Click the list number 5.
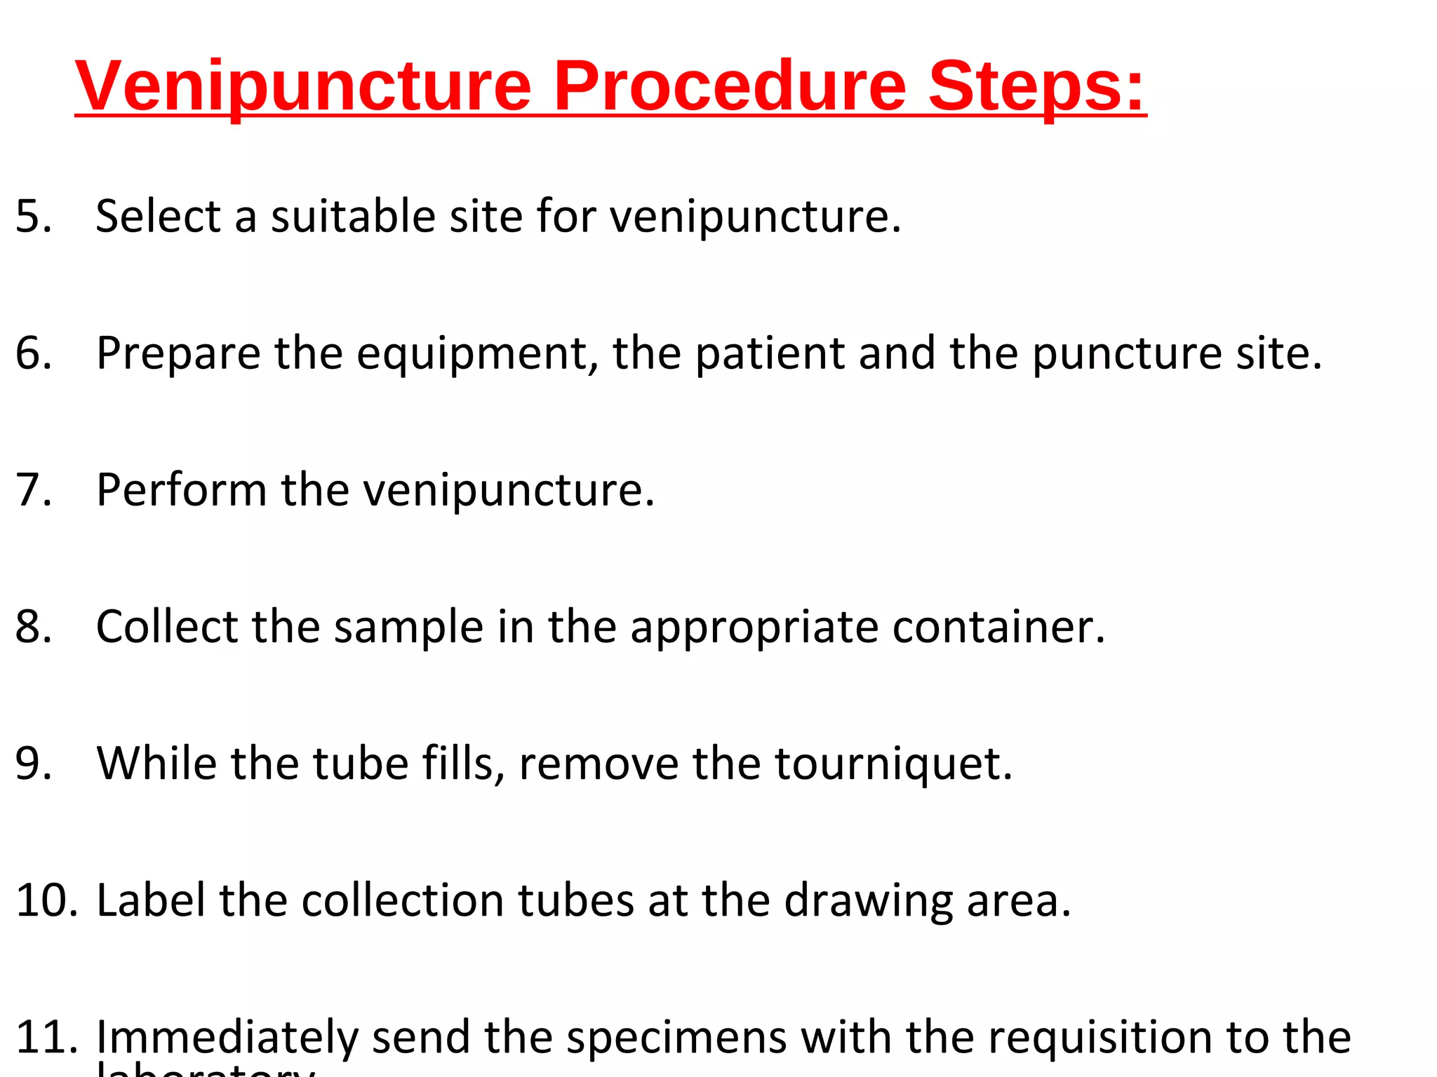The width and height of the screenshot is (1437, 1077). coord(34,216)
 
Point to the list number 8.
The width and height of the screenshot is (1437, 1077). coord(34,626)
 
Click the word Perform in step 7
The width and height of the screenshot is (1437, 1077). coord(181,489)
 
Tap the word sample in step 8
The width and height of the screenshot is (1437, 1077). coord(408,626)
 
